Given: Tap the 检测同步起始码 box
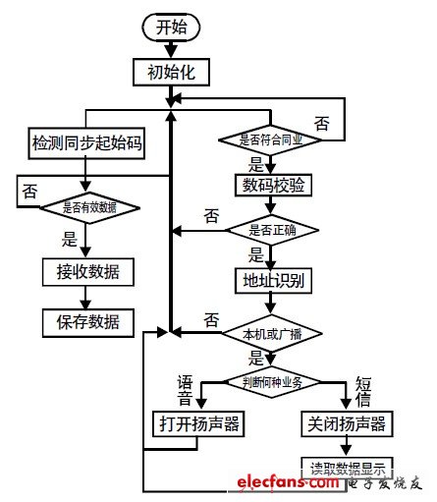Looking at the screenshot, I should coord(86,144).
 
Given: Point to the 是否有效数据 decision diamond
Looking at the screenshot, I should coord(87,206).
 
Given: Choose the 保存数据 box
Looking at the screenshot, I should coord(86,321).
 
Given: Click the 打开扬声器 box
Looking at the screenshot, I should coord(199,423).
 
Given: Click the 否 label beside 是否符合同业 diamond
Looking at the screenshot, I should coord(321,123).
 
